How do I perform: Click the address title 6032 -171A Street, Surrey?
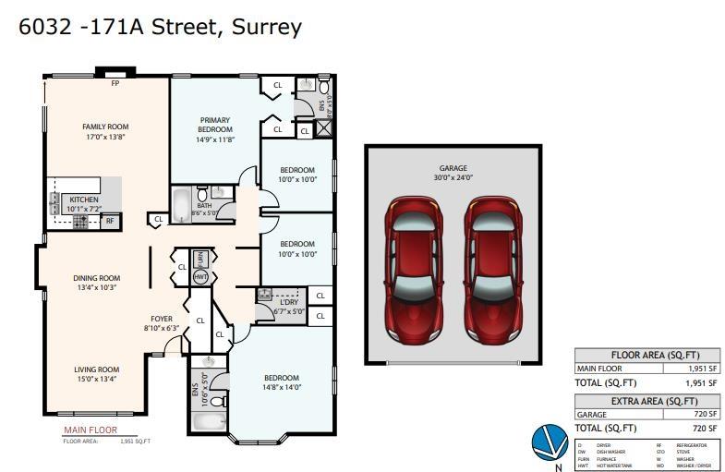click(x=161, y=26)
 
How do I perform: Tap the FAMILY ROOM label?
click(x=105, y=127)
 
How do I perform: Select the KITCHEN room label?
click(x=83, y=200)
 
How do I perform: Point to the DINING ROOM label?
click(x=97, y=278)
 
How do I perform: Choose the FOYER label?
click(x=162, y=319)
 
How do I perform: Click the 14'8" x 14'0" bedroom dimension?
click(x=281, y=387)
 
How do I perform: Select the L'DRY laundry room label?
click(x=288, y=302)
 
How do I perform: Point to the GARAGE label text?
click(x=453, y=169)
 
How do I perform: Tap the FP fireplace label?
click(x=115, y=83)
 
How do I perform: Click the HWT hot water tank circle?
click(x=200, y=276)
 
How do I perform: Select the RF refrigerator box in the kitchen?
click(x=109, y=221)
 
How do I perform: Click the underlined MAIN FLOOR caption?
click(x=86, y=430)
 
